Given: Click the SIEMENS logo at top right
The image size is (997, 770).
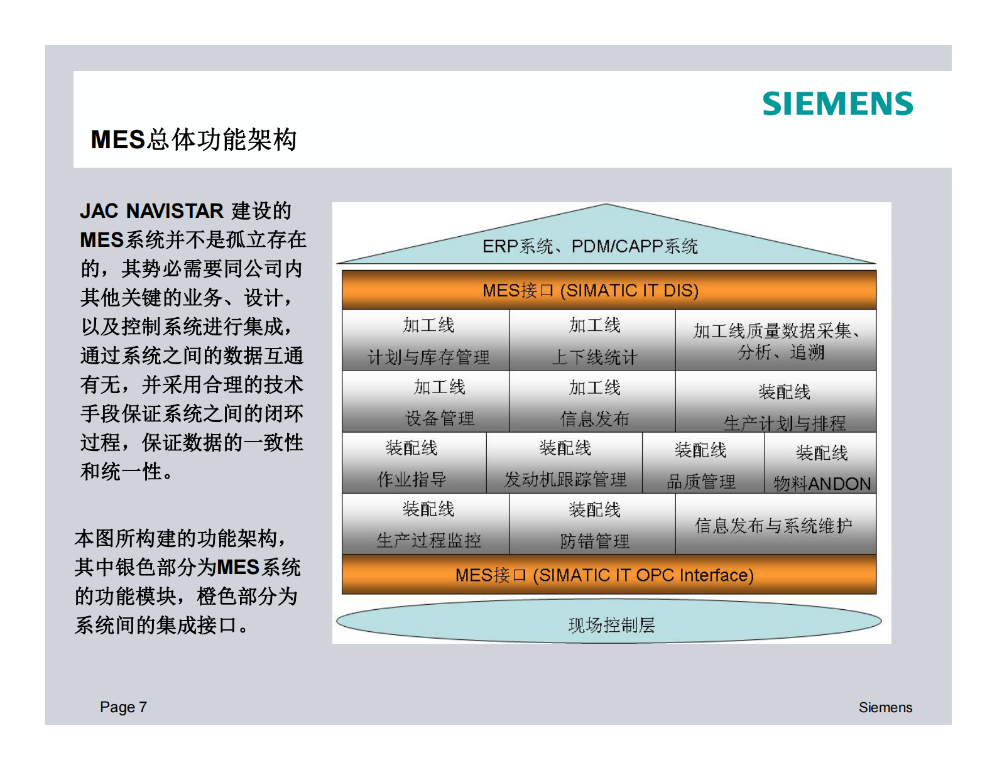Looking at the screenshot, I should (837, 104).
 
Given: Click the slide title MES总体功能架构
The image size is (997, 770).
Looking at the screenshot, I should (193, 139).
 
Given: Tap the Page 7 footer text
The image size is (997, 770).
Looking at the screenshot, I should (123, 707).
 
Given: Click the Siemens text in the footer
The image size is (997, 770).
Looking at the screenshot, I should (885, 707).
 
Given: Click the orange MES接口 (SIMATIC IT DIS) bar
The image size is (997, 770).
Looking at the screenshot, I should (608, 290).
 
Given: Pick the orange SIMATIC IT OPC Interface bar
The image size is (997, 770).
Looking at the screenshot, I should (608, 575).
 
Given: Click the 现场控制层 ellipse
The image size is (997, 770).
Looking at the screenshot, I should (608, 622).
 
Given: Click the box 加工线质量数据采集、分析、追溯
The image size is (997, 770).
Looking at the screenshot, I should (775, 340).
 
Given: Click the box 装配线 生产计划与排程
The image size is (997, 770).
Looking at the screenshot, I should (775, 402).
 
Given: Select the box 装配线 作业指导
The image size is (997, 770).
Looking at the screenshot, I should (414, 464).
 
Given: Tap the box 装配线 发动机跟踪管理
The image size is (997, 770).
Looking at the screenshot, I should (564, 464).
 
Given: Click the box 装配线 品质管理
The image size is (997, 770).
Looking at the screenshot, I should (702, 464).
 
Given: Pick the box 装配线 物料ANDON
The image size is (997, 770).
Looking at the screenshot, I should (820, 464).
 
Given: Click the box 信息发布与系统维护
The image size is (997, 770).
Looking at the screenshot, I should (775, 525).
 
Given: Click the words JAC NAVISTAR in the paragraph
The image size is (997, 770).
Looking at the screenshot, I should (151, 211).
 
